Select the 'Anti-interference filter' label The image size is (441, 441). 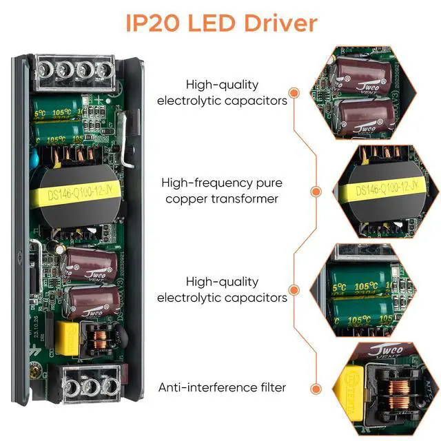[222, 387]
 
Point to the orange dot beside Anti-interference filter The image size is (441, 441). [316, 388]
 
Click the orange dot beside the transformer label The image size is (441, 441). [316, 191]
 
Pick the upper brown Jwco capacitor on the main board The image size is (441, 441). [90, 265]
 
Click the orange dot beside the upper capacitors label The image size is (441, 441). [294, 92]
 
